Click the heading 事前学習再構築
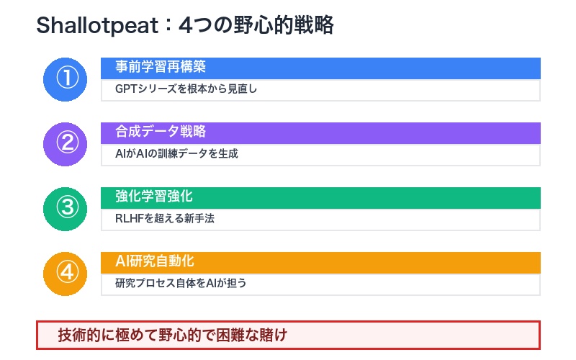(x=161, y=68)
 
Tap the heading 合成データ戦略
(x=161, y=132)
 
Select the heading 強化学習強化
(x=154, y=197)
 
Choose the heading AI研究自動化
(x=155, y=262)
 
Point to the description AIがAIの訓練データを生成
(x=176, y=154)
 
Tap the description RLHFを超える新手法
(x=165, y=219)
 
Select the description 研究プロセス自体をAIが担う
(x=181, y=284)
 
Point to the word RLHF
(x=130, y=219)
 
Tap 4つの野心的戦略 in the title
(x=256, y=26)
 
